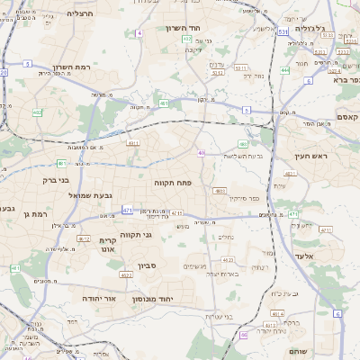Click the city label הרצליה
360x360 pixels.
click(79, 14)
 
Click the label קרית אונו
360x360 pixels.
click(109, 246)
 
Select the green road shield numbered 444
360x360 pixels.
click(284, 69)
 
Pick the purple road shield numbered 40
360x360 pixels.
click(202, 154)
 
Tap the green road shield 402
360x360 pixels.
click(37, 112)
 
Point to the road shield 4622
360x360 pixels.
click(126, 275)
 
